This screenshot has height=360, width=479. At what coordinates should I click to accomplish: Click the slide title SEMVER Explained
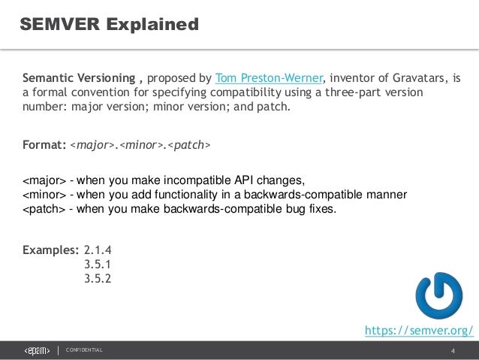coord(110,25)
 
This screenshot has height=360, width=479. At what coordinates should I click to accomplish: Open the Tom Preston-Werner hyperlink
coord(269,77)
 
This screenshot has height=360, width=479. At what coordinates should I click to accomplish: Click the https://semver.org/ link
coord(418,330)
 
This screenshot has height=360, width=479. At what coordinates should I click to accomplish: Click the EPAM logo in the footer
coord(37,350)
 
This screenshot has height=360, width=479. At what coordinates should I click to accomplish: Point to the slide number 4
coord(453,351)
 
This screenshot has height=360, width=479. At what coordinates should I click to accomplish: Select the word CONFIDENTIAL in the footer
coord(84,351)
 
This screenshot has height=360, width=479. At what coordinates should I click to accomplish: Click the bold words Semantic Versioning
coord(78,77)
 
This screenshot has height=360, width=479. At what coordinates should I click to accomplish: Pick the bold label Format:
coord(44,144)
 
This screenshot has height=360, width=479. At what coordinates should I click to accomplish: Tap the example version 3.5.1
coord(98,265)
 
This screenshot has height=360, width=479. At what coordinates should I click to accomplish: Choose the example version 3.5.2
coord(98,280)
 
